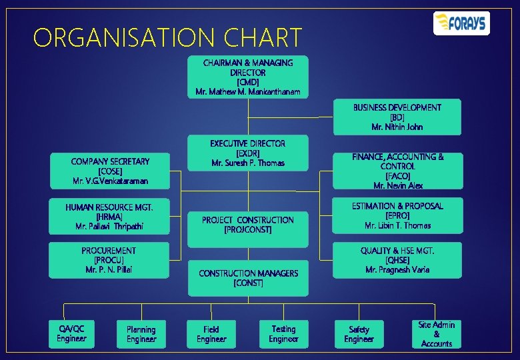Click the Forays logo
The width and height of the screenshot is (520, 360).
(x=461, y=23)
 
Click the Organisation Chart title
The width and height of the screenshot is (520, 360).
(x=167, y=38)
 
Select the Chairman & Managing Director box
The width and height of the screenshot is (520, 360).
(x=247, y=77)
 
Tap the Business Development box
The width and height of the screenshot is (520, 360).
(x=397, y=117)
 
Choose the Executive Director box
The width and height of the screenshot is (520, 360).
(x=247, y=153)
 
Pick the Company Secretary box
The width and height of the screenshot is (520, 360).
(x=110, y=171)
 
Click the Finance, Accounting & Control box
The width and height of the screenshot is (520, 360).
(x=397, y=171)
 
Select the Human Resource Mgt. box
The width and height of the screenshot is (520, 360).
(x=110, y=217)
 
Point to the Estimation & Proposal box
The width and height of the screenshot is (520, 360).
(x=397, y=216)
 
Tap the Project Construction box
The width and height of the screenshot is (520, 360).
(x=247, y=225)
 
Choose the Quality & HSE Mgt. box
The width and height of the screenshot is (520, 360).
(x=397, y=259)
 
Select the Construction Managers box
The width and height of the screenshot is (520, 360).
(x=247, y=277)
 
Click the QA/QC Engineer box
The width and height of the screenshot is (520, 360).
(x=71, y=333)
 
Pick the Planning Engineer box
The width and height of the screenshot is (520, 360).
(x=141, y=334)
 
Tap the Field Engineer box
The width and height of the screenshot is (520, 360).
(x=211, y=334)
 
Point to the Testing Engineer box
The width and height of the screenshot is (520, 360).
(x=283, y=333)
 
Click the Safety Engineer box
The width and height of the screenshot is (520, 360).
(x=359, y=334)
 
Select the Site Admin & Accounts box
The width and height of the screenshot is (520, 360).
(x=436, y=334)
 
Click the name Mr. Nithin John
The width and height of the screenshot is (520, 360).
(x=397, y=127)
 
